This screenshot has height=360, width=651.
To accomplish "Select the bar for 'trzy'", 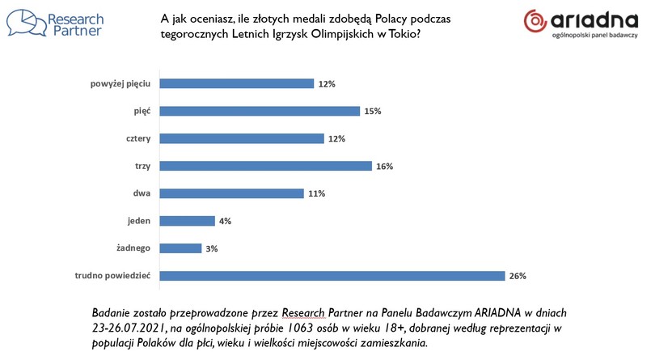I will click(265, 166).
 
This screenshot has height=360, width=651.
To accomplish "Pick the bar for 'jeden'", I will click(187, 221).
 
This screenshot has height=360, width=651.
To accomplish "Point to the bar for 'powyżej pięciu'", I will click(236, 83).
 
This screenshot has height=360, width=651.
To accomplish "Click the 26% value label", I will click(518, 276).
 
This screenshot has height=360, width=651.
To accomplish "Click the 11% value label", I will click(315, 193).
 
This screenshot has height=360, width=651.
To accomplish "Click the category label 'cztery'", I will click(138, 138).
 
